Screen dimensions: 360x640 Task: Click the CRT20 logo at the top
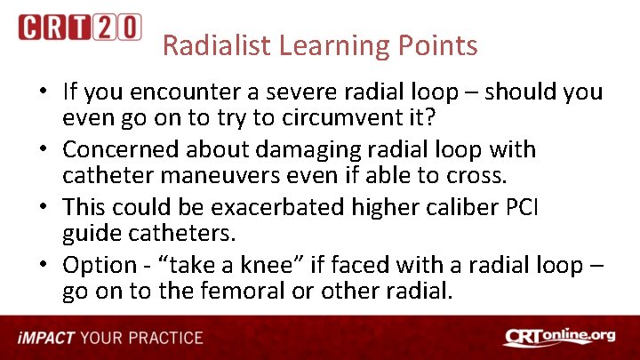pos(79,27)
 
